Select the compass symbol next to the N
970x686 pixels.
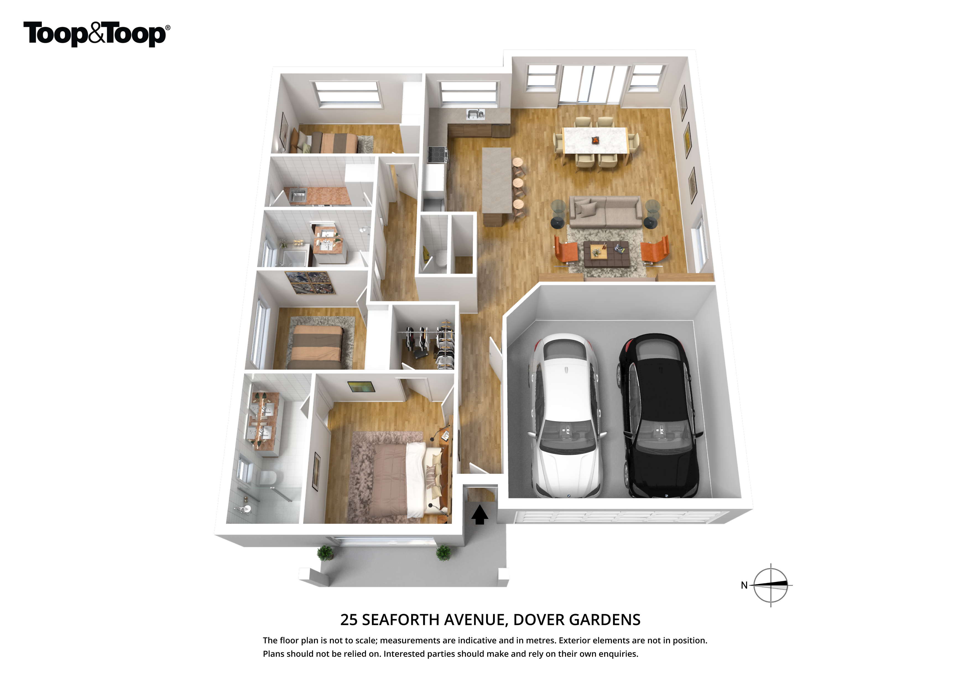click(771, 585)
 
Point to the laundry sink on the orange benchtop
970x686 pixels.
click(298, 195)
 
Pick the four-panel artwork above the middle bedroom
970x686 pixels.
click(311, 283)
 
